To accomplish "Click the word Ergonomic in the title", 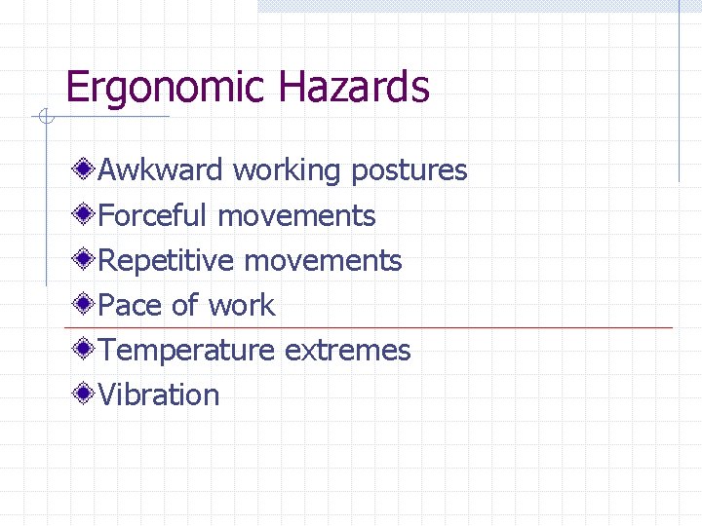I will [x=166, y=89].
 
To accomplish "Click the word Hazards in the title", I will [x=353, y=87].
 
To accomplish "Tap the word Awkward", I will [x=161, y=170].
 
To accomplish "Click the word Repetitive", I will [x=167, y=261].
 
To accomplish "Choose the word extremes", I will [x=348, y=351].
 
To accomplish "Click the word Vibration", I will [x=159, y=395].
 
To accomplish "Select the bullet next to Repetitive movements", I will [x=86, y=260].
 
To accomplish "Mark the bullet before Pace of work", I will [x=86, y=305].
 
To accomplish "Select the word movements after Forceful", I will [x=296, y=215].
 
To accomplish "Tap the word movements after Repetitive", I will [x=323, y=261].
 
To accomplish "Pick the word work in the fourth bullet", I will [x=242, y=306].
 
